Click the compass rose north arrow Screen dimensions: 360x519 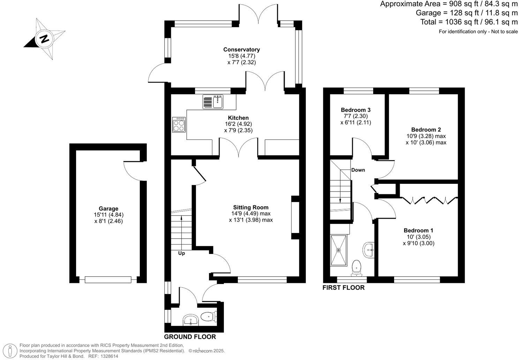click(44, 38)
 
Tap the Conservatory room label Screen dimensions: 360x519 click(241, 50)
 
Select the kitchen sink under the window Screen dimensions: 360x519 click(212, 102)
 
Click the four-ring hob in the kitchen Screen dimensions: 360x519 click(179, 125)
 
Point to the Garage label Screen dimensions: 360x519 click(108, 209)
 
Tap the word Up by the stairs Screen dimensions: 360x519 click(181, 253)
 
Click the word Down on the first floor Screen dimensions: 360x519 click(358, 170)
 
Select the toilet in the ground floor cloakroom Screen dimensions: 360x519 click(209, 317)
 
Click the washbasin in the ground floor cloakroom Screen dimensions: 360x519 click(190, 320)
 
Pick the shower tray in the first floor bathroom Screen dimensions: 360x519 click(338, 250)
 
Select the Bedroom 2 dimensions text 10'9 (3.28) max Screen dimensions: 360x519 click(426, 136)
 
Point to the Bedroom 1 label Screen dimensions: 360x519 click(418, 230)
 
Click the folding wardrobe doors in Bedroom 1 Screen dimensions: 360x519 click(429, 200)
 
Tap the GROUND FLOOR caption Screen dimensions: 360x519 click(190, 337)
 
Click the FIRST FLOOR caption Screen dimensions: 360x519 click(343, 287)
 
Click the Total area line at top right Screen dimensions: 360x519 click(469, 22)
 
